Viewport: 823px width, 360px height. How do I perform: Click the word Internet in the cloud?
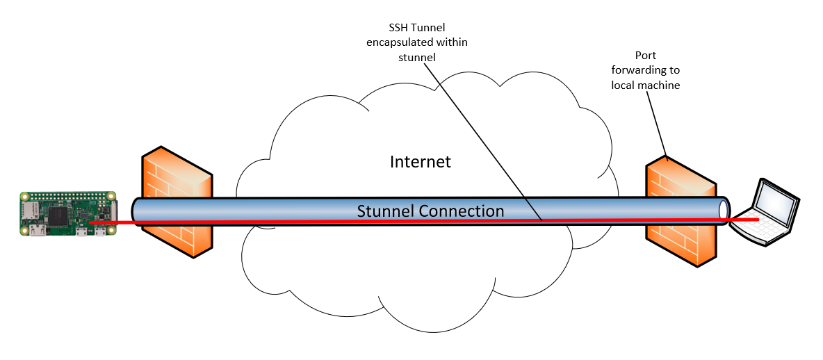click(x=420, y=162)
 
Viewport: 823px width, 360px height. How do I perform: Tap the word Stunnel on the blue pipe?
click(x=384, y=211)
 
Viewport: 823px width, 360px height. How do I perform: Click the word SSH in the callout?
click(x=398, y=28)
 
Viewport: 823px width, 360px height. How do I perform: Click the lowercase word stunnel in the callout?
click(x=416, y=57)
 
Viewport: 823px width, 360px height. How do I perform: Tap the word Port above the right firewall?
click(x=645, y=56)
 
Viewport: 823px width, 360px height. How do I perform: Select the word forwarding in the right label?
click(x=645, y=70)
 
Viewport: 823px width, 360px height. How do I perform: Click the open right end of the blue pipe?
click(x=724, y=208)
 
